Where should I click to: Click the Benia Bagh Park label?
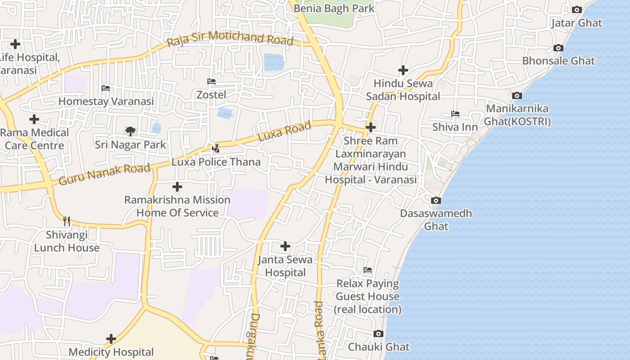click(334, 8)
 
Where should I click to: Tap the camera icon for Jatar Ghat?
click(576, 9)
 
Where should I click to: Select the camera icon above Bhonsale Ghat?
click(558, 48)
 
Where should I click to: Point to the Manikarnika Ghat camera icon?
click(517, 95)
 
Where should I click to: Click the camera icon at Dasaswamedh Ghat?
click(436, 200)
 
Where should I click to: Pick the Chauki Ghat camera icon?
click(378, 333)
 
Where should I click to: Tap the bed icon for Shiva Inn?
click(455, 114)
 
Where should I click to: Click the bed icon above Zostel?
click(211, 81)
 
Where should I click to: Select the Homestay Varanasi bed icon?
click(106, 88)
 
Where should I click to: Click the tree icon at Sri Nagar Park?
click(130, 131)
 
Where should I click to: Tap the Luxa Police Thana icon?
click(216, 148)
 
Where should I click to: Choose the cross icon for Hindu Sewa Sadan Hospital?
click(403, 70)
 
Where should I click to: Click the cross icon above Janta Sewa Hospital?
click(285, 246)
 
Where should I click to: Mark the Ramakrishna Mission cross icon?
click(177, 186)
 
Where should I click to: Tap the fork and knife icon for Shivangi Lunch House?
click(67, 221)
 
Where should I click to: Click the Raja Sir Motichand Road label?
click(230, 39)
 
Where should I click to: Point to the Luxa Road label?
click(284, 131)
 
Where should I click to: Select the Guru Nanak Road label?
click(104, 175)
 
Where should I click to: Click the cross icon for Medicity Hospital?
click(111, 338)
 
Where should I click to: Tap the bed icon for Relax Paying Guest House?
click(368, 270)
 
